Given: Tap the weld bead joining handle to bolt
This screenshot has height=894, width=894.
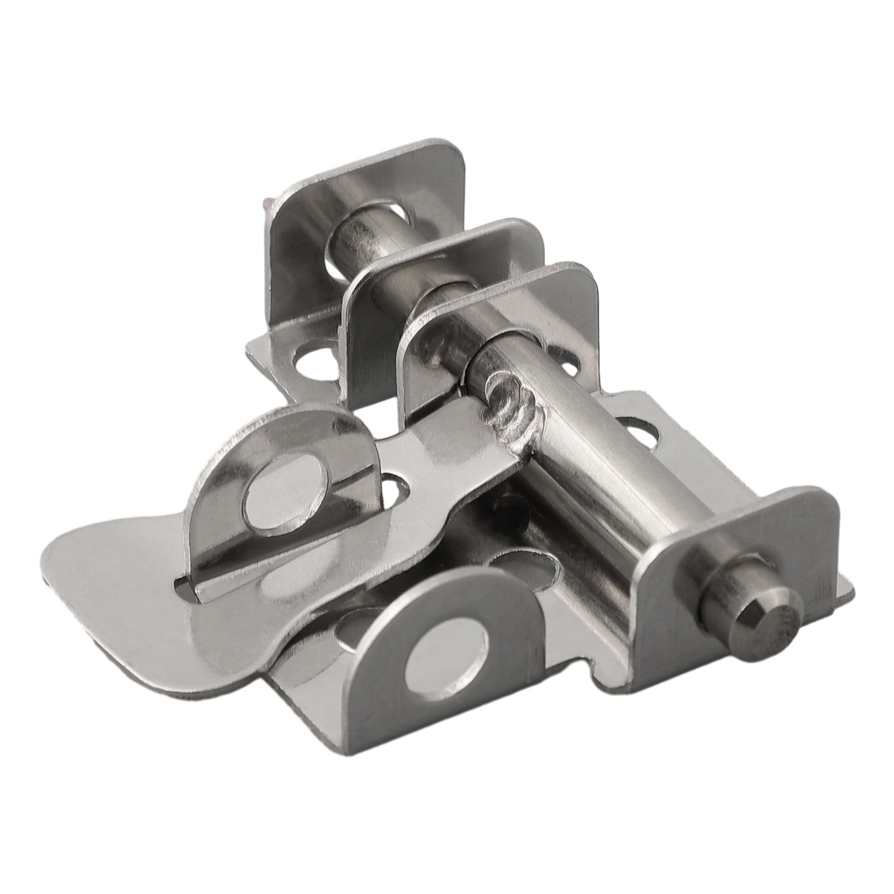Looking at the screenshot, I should tap(506, 400).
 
